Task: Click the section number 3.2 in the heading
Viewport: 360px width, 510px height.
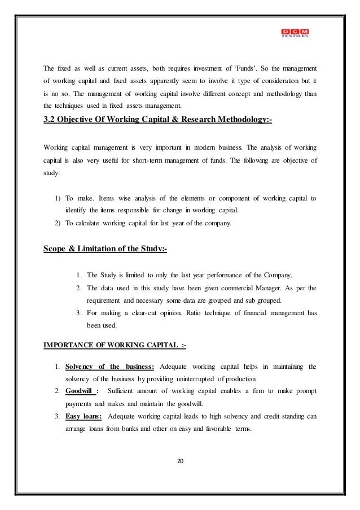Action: pos(51,120)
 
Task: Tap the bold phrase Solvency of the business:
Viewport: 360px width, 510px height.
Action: pos(113,362)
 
